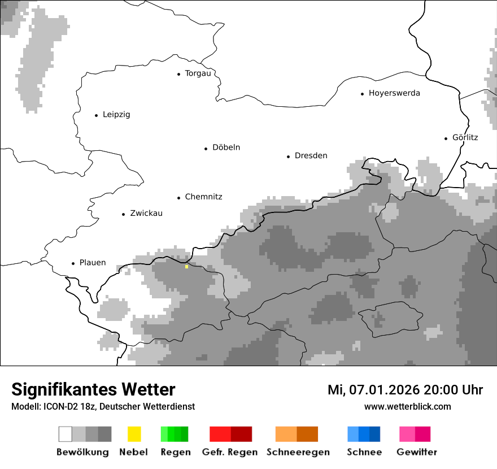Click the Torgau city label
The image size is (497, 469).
[198, 73]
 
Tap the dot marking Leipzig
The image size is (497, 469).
[96, 115]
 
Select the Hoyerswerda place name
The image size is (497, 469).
[394, 93]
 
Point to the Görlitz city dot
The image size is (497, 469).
[446, 138]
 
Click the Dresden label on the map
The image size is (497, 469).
[311, 156]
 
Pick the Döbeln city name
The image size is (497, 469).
[226, 147]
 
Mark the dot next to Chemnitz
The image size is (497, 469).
[178, 198]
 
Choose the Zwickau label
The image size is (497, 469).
[146, 214]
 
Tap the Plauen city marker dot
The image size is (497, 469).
[73, 263]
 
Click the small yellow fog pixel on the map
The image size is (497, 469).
[186, 267]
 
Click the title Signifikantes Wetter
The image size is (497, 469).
[93, 390]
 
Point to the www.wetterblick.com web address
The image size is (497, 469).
[407, 406]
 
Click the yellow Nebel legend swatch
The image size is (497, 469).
[134, 434]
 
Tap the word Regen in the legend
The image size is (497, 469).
[175, 452]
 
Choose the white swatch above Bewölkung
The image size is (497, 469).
[65, 434]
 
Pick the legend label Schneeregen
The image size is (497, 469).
[298, 452]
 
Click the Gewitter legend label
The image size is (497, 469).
[417, 452]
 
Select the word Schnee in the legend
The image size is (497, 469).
[364, 452]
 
